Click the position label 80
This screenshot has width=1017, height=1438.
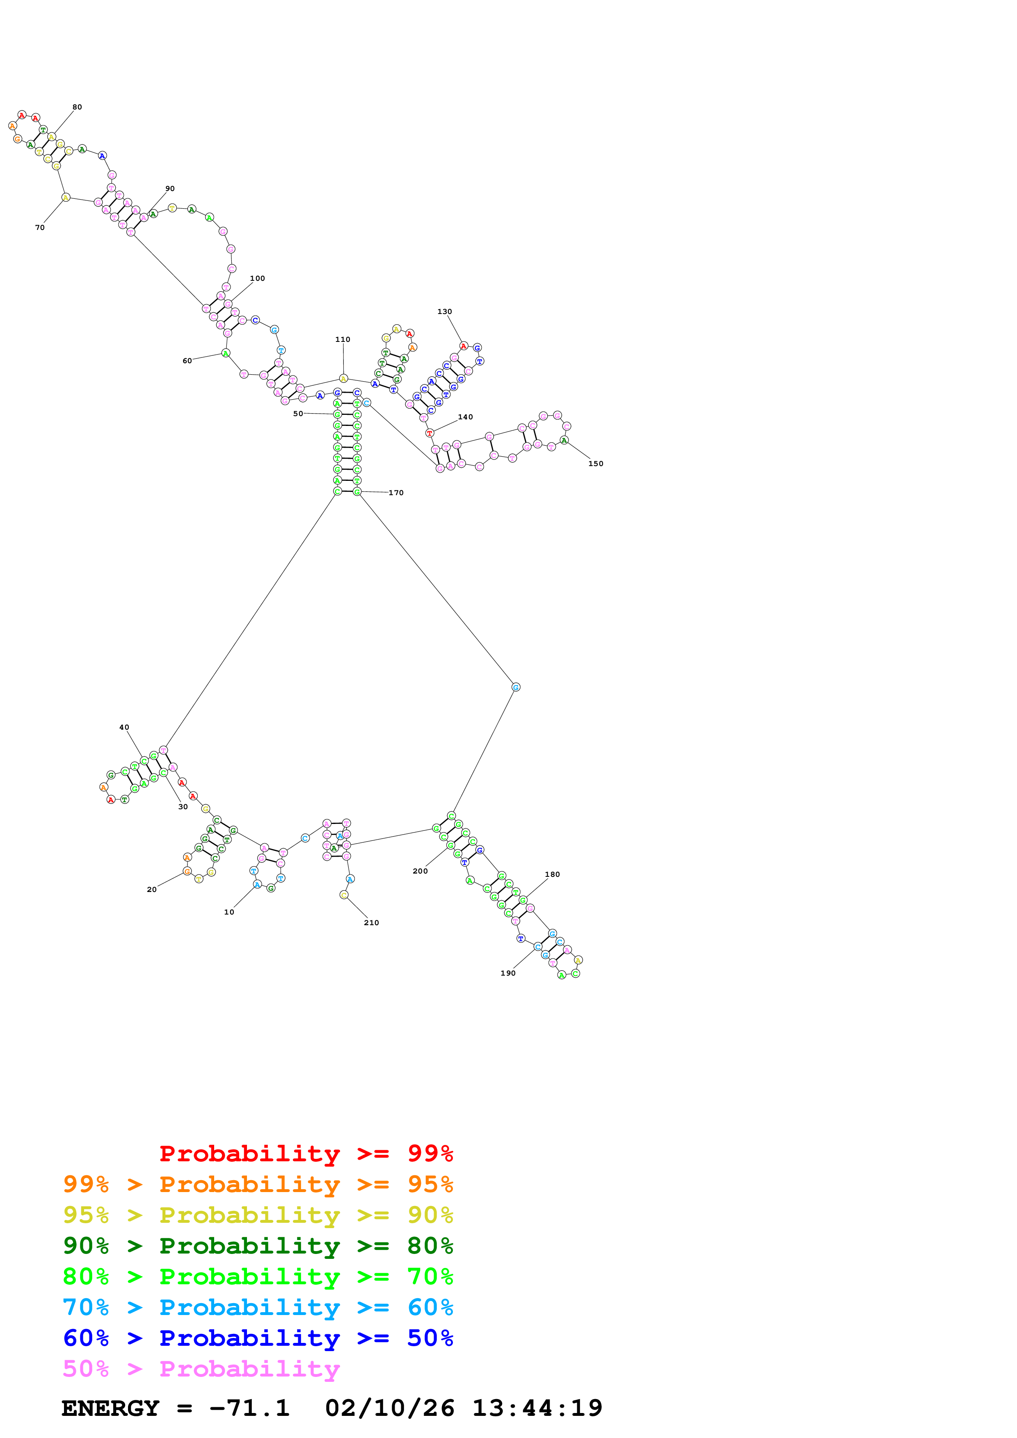pos(77,107)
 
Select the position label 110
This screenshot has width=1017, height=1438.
pos(343,339)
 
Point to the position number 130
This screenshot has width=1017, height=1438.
pos(444,311)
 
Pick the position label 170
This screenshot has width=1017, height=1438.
pos(396,493)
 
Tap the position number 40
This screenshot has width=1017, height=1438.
pos(124,727)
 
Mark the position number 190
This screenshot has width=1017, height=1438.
pos(507,973)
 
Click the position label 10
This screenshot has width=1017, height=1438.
pos(229,912)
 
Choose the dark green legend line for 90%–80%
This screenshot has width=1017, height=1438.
pos(258,1246)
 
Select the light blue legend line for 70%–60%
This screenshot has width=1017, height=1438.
pos(258,1307)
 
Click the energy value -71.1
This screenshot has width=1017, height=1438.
pos(249,1408)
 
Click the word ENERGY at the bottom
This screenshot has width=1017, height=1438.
pos(110,1408)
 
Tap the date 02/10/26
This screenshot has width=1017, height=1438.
pos(389,1408)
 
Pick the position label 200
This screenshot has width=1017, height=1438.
pos(420,871)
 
